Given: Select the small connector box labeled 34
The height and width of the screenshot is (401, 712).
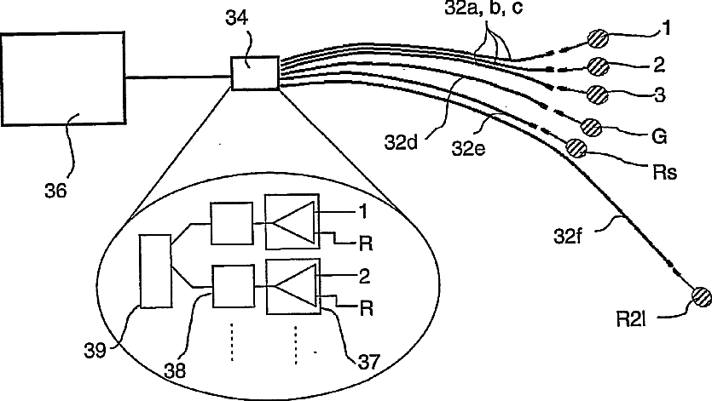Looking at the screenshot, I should tap(255, 72).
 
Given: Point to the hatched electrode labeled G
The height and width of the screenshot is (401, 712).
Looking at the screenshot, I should tap(593, 127).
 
